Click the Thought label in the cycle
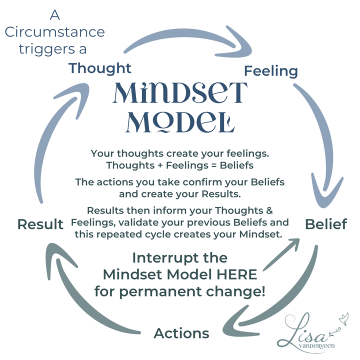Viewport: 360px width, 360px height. (100, 68)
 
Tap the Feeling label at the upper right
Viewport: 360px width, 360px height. (270, 71)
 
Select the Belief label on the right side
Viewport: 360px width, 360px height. (326, 224)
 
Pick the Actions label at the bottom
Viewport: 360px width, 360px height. (181, 333)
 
